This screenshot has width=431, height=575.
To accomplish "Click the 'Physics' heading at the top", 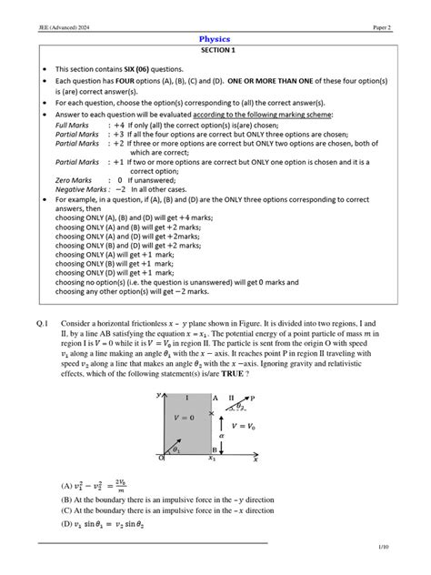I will (215, 40).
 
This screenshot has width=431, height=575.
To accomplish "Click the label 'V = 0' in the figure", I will (186, 418).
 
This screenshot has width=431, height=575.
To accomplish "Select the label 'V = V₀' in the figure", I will (248, 425).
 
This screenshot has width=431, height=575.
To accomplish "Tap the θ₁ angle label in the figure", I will (176, 449).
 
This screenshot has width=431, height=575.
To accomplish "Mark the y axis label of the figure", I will (158, 395).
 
